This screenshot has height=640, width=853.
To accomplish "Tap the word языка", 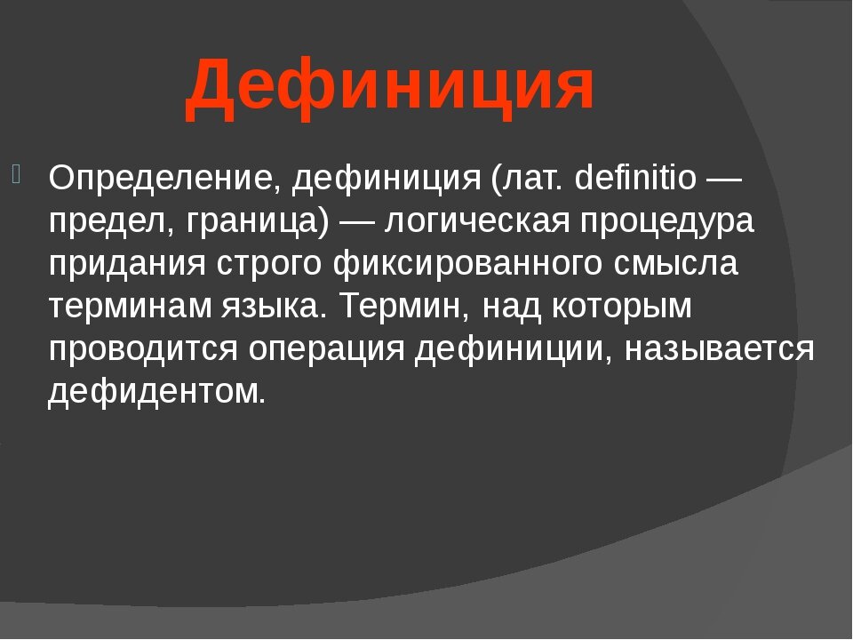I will tap(276, 307).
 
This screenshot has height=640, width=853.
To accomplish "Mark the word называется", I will tap(718, 349).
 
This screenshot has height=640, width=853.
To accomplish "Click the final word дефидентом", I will tap(156, 392).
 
